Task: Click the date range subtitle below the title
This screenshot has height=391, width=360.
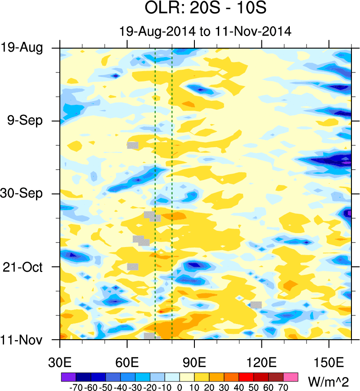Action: pos(205,31)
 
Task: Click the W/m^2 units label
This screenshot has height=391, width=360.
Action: pos(329,382)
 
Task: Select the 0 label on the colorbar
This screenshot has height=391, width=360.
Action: pos(180,387)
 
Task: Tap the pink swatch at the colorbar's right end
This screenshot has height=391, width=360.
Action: pos(291,376)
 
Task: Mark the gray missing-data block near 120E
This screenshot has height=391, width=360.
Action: pos(256,305)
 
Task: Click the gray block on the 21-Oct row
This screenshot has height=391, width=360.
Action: pos(133,266)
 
